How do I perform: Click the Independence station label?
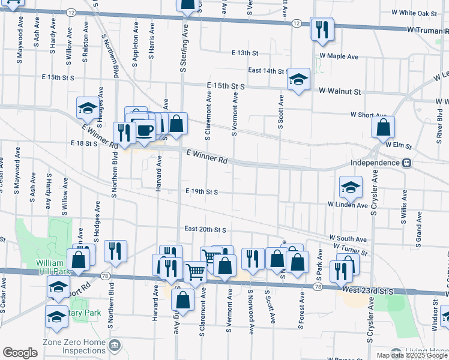[375, 163]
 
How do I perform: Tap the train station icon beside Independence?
[406, 163]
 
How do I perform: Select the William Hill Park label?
[53, 267]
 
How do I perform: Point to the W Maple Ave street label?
[339, 56]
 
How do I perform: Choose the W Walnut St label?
[340, 92]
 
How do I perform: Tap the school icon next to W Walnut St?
[298, 79]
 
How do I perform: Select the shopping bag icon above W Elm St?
[382, 127]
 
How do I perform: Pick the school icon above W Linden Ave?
[351, 187]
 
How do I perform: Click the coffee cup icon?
[145, 130]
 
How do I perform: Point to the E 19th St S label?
[201, 191]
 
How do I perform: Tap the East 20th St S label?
[205, 229]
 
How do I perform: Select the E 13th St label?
[249, 53]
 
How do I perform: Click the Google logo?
[20, 353]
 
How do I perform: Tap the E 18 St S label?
[84, 143]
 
